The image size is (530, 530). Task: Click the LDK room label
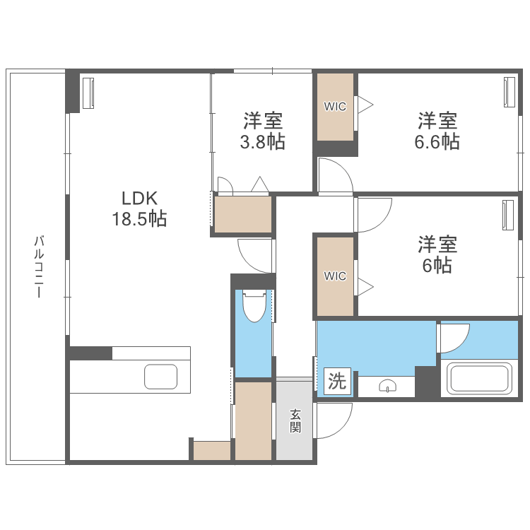[139, 198]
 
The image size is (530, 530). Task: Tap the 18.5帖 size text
[139, 219]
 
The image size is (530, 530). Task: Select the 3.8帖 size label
[262, 141]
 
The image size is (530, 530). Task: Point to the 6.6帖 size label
[437, 141]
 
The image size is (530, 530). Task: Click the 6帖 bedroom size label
[437, 266]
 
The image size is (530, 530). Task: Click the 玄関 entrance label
[295, 422]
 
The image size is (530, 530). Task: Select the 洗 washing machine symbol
[336, 382]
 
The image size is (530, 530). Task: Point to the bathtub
[480, 378]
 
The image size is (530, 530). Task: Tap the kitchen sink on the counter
[161, 377]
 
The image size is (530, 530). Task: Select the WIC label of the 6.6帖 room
[335, 107]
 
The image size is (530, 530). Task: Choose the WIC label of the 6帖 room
[335, 276]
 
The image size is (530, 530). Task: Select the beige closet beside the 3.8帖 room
[243, 214]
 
